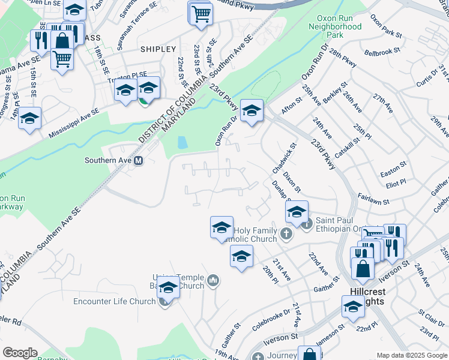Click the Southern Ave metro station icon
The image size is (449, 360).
point(139,160)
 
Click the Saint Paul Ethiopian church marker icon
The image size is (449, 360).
point(307,225)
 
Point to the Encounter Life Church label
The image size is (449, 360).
point(114,301)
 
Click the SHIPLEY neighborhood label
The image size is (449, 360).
point(158,49)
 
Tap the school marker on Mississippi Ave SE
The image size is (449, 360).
point(29,118)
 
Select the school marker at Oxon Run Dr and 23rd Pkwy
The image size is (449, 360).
point(252,110)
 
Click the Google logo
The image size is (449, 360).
point(20,352)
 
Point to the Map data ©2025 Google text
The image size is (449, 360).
point(411,355)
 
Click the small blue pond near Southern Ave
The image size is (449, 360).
point(182,142)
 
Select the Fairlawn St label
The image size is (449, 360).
point(373,200)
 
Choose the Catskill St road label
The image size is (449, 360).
point(347,148)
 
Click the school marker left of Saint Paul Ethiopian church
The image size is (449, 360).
point(297,211)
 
